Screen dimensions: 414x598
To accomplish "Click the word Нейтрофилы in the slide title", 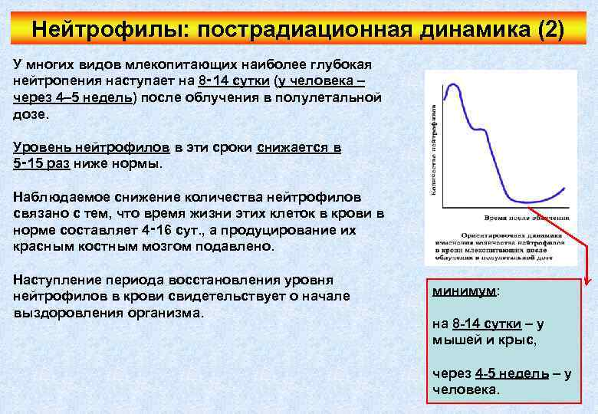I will pyautogui.click(x=110, y=30).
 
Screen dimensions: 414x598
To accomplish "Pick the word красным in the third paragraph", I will pyautogui.click(x=42, y=246).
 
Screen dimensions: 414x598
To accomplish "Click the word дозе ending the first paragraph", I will pyautogui.click(x=30, y=114).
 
